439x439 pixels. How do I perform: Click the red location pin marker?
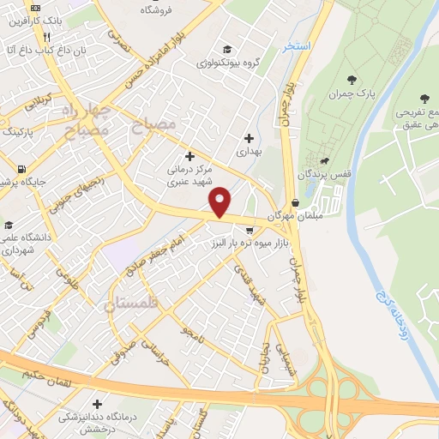(x=220, y=201)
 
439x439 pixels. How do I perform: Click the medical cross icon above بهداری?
(x=250, y=138)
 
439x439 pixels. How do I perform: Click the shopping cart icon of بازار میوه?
(x=250, y=230)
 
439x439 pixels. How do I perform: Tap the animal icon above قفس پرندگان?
(x=325, y=161)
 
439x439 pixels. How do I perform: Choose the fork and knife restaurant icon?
(x=46, y=37)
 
